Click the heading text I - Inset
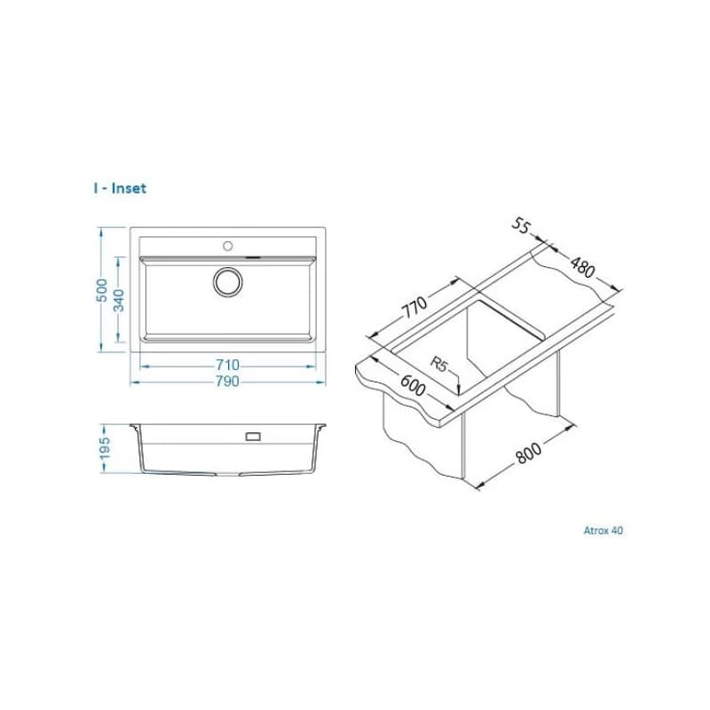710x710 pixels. (120, 188)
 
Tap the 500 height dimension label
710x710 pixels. (102, 290)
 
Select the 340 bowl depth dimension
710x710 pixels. (119, 301)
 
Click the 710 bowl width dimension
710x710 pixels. (227, 365)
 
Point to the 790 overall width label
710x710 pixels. (227, 382)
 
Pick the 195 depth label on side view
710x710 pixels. (105, 448)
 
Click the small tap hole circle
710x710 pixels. (228, 246)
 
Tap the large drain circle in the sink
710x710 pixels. (228, 282)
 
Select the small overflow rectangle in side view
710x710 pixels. (253, 437)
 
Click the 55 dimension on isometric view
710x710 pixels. (521, 225)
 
